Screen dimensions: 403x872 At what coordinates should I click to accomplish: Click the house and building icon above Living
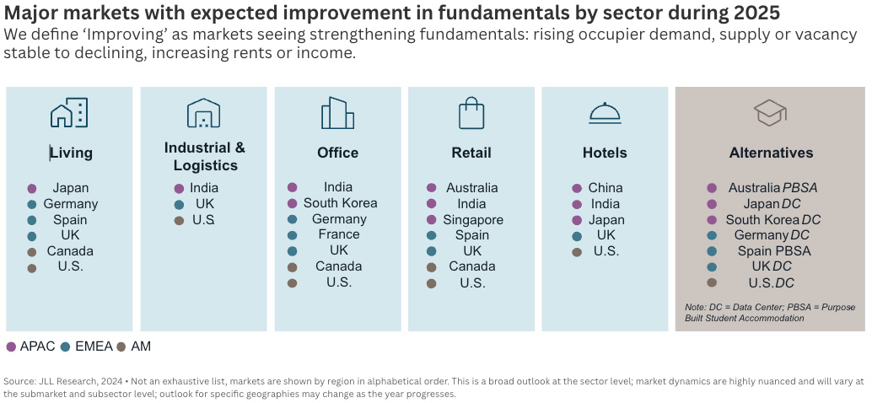click(69, 113)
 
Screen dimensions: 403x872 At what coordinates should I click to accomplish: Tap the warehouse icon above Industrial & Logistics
click(203, 113)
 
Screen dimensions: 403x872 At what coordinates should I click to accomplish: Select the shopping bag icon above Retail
click(471, 113)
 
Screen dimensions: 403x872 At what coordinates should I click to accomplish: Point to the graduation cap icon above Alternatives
click(770, 113)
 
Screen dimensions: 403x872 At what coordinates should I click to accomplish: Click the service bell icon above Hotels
click(605, 113)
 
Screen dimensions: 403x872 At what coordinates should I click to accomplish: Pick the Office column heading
click(337, 153)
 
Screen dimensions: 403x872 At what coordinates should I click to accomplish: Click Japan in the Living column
click(70, 188)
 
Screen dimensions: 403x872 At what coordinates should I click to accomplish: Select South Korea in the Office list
click(340, 203)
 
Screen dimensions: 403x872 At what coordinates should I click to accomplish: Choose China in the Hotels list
click(606, 188)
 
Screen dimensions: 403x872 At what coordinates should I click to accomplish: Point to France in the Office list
click(339, 235)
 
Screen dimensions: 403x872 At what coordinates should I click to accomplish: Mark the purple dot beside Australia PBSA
click(712, 188)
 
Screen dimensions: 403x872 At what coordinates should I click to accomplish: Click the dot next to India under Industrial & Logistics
click(179, 189)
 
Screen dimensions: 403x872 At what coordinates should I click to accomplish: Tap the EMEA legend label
click(92, 346)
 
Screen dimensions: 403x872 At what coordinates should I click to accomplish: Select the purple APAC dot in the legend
click(11, 347)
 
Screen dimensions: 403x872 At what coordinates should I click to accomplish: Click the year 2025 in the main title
click(751, 13)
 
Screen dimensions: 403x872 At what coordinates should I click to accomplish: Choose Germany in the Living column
click(71, 204)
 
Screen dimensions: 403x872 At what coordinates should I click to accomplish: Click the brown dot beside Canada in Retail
click(432, 267)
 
